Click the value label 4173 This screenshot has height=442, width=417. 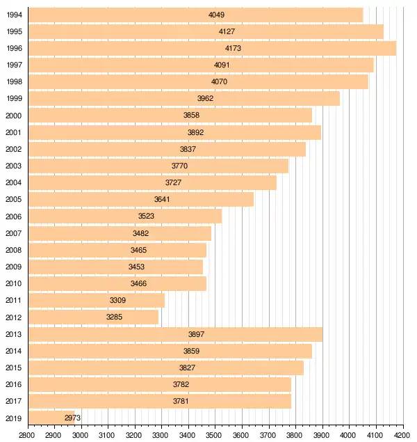pyautogui.click(x=233, y=48)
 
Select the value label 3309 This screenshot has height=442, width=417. pyautogui.click(x=118, y=300)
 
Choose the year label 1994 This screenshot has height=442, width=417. pyautogui.click(x=13, y=15)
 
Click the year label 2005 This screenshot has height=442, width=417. pyautogui.click(x=13, y=200)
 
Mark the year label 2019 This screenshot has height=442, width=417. pyautogui.click(x=13, y=418)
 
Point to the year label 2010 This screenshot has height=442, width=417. pyautogui.click(x=13, y=283)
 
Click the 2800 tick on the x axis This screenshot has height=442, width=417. pyautogui.click(x=27, y=435)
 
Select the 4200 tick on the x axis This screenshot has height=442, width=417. pyautogui.click(x=402, y=435)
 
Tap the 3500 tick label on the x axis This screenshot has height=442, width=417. pyautogui.click(x=215, y=435)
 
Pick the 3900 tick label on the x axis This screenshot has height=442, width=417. pyautogui.click(x=322, y=435)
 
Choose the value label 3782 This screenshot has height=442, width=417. pyautogui.click(x=181, y=384)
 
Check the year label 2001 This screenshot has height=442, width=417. pyautogui.click(x=13, y=132)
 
